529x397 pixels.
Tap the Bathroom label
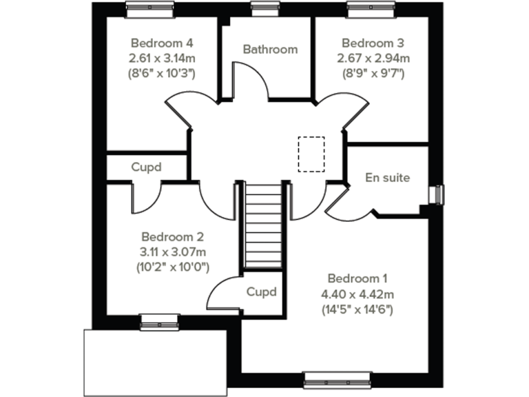tap(270, 50)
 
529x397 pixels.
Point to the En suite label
tap(387, 178)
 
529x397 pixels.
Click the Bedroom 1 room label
tap(357, 279)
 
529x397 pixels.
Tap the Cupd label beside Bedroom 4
tap(147, 167)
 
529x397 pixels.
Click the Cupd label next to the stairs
tap(262, 292)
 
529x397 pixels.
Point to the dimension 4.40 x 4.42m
tap(357, 294)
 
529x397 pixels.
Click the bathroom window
tap(261, 8)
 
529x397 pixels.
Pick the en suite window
tap(436, 195)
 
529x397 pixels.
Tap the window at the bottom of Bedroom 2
tap(159, 319)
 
